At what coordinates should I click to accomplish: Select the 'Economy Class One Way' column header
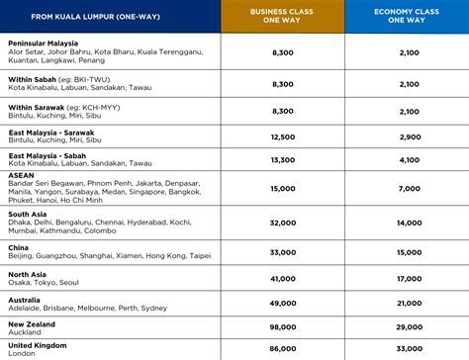(407, 16)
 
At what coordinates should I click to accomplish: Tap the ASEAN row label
(23, 174)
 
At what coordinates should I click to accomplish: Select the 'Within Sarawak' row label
(38, 107)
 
